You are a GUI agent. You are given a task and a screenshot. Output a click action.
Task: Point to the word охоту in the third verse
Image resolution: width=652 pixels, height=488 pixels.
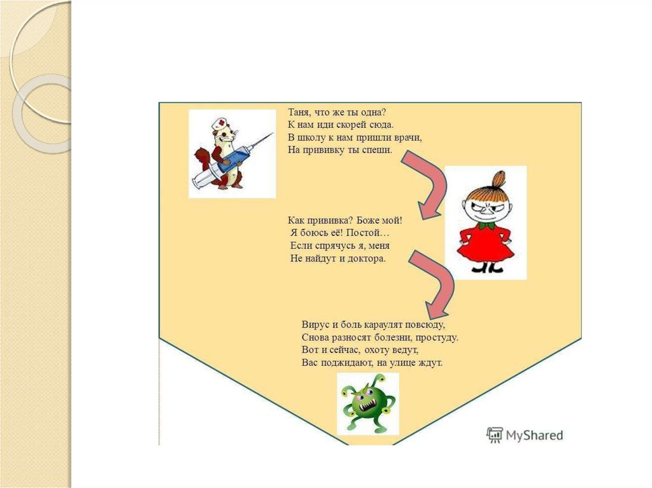point(379,350)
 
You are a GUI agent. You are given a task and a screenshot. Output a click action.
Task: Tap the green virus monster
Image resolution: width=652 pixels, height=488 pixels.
point(367,404)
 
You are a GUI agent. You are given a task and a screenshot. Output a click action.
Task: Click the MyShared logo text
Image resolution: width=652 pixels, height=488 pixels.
point(534,435)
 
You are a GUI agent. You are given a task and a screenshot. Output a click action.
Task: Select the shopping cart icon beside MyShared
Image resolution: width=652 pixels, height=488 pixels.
point(495,435)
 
